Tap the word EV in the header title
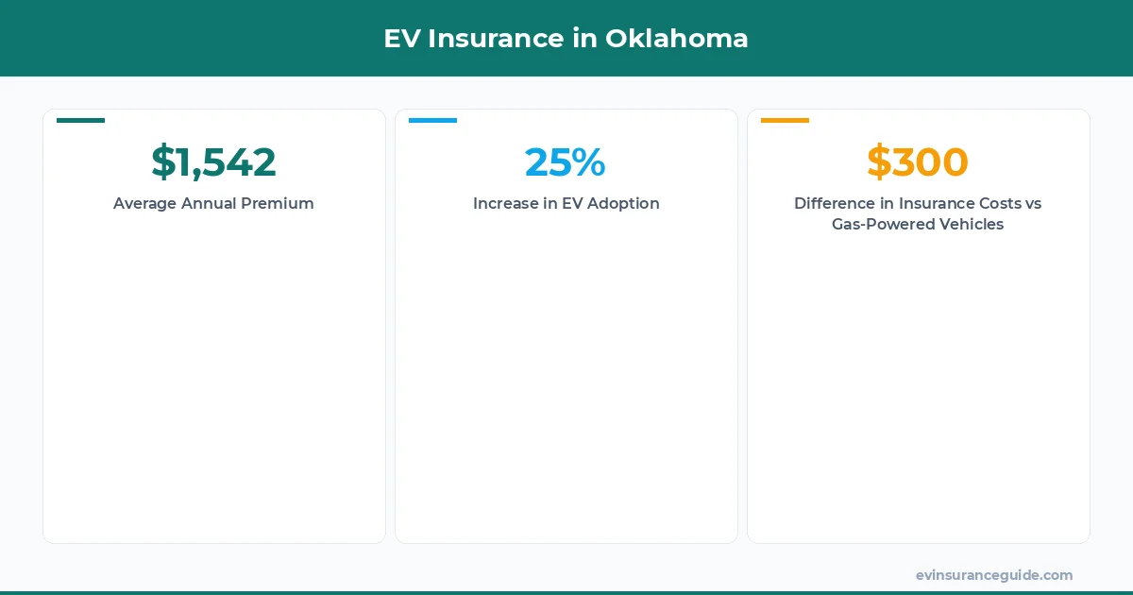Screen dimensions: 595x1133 tap(401, 39)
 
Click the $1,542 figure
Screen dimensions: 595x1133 tap(213, 161)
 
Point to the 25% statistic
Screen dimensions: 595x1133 tap(565, 161)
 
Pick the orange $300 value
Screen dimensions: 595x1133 tap(917, 161)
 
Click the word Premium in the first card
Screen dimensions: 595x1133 tap(279, 203)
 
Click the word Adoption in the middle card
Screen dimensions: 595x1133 tap(622, 203)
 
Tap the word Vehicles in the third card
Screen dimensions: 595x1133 tap(968, 225)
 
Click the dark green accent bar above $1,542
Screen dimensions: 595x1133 tap(80, 120)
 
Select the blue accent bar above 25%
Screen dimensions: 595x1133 tap(432, 120)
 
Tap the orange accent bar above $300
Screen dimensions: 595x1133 tap(785, 120)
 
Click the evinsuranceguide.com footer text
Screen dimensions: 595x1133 tap(993, 575)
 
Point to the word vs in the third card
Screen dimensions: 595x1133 tap(1032, 203)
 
